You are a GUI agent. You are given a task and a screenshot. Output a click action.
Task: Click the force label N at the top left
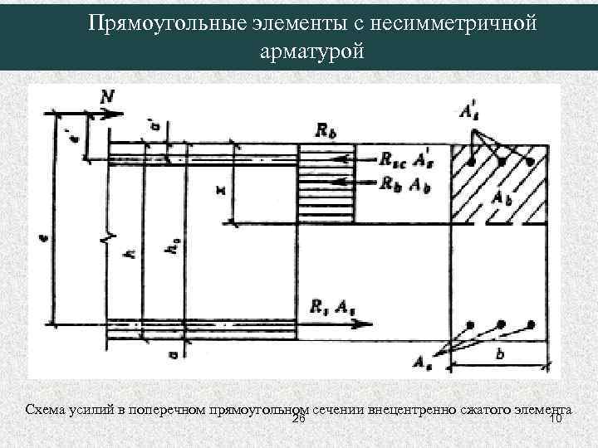(x=108, y=97)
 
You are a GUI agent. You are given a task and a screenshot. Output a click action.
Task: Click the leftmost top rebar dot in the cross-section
(x=471, y=158)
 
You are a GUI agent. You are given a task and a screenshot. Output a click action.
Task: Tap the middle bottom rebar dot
(x=500, y=324)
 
